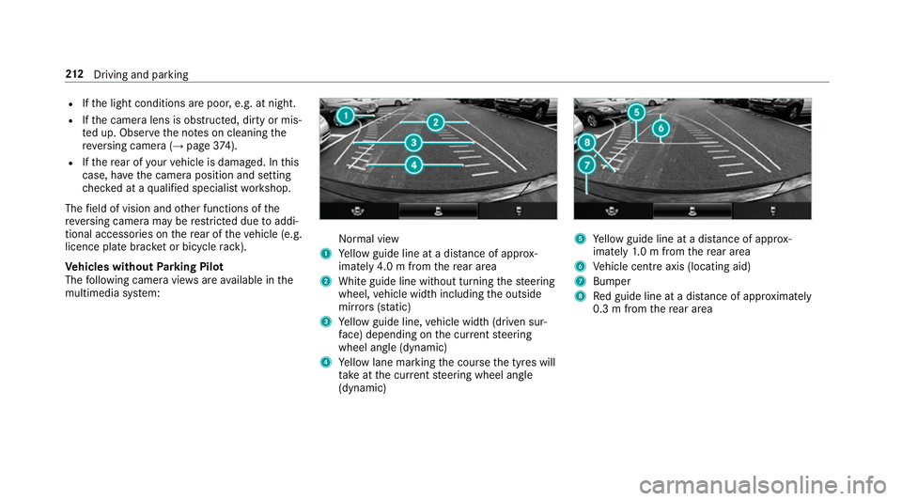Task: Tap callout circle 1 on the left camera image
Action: coord(345,116)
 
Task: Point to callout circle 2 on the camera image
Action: coord(434,122)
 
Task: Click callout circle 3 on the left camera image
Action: coord(413,143)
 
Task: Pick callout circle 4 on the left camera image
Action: coord(413,164)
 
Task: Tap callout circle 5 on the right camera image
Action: coord(636,112)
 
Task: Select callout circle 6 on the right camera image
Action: coord(661,127)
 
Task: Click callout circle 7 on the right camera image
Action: coord(587,164)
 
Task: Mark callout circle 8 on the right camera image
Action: coord(587,143)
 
